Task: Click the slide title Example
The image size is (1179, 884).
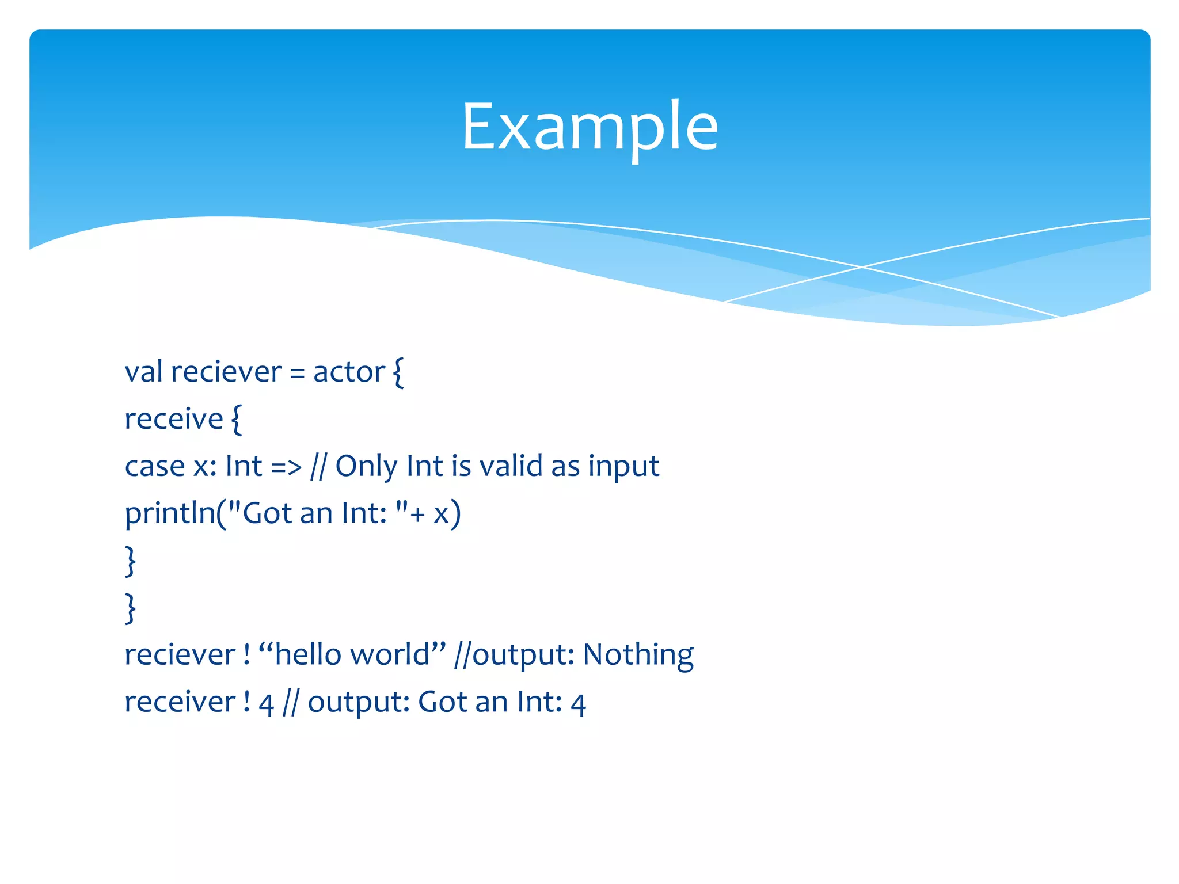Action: (x=589, y=127)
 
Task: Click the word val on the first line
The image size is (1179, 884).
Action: (x=143, y=372)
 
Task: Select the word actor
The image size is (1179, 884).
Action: (x=349, y=372)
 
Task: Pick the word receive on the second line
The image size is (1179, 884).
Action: (x=174, y=419)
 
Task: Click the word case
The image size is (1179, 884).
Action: (x=155, y=466)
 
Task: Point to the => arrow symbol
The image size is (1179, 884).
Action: (x=286, y=467)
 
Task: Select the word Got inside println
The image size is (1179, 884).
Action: (x=268, y=513)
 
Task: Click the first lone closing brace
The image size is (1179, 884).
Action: (x=131, y=561)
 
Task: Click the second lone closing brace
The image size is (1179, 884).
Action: (x=131, y=608)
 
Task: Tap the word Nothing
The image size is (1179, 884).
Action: (x=638, y=656)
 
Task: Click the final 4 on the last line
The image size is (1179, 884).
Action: (x=578, y=704)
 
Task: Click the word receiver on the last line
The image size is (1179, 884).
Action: (x=180, y=703)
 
